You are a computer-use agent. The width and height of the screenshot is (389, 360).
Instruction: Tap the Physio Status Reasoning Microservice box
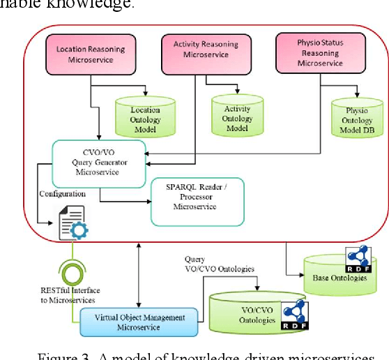(x=320, y=52)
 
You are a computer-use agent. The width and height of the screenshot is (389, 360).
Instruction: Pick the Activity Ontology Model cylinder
(x=238, y=114)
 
